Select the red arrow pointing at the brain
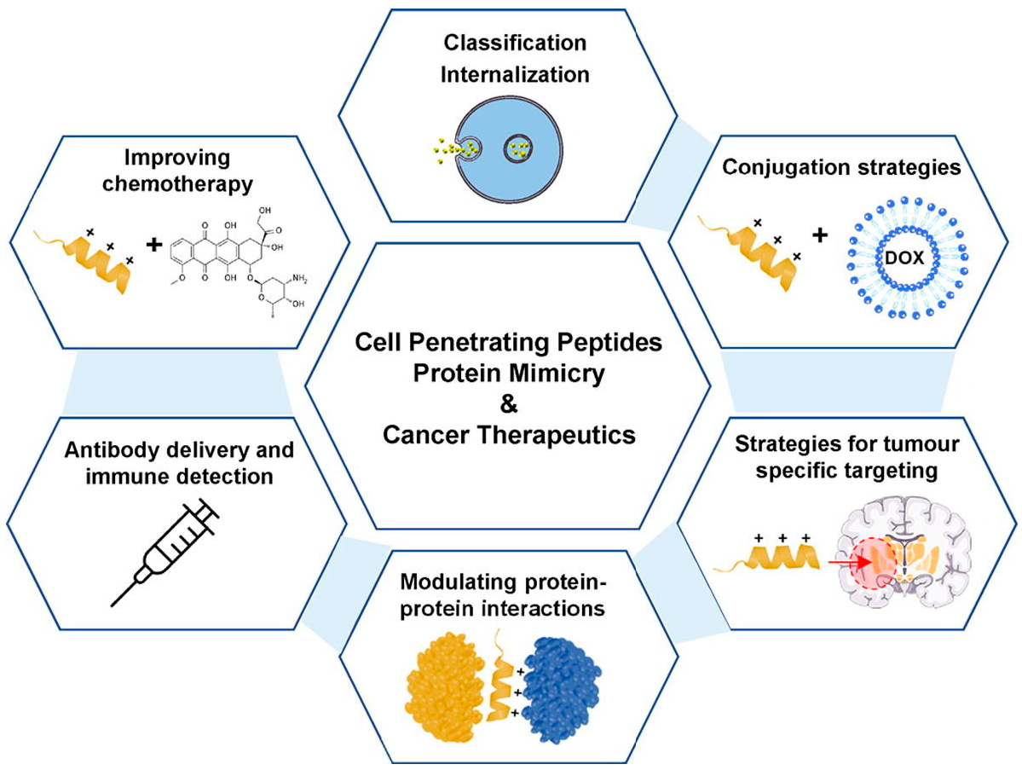[848, 563]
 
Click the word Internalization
[516, 75]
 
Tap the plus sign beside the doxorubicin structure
[153, 246]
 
